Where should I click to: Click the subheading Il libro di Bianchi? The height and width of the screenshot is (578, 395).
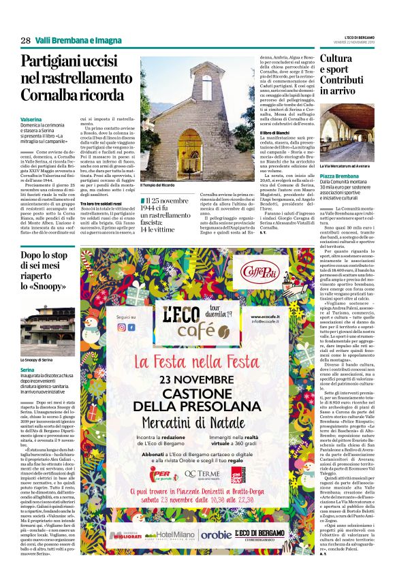point(252,133)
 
